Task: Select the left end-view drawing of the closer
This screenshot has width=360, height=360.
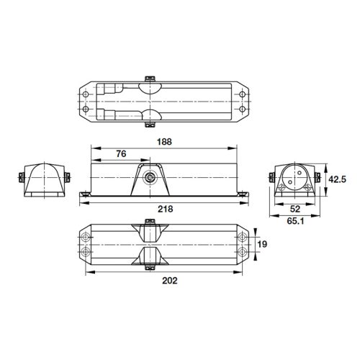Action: [x=42, y=179]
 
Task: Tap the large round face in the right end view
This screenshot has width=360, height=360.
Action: [x=293, y=175]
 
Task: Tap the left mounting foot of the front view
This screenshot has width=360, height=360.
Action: [x=85, y=193]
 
